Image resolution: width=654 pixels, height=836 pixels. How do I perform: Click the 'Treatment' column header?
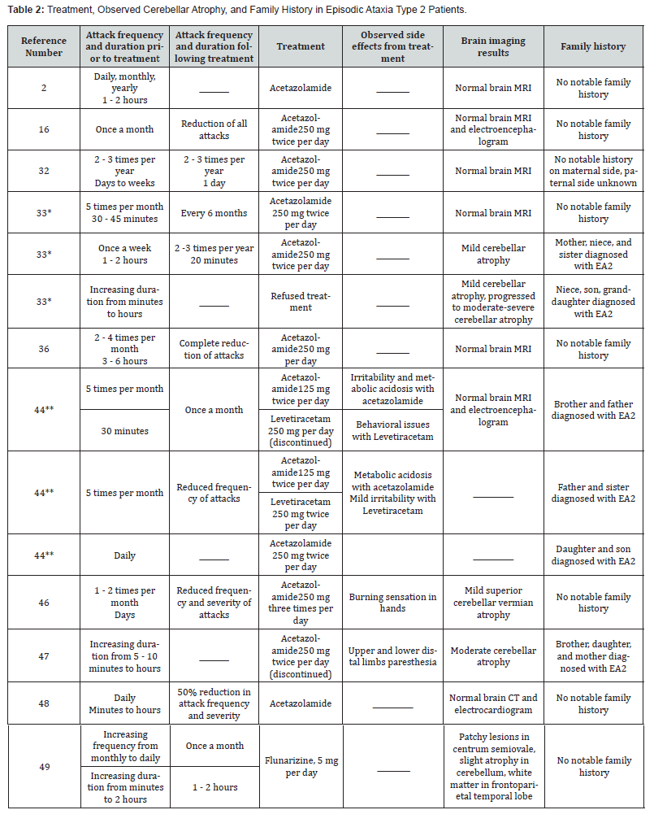coord(301,46)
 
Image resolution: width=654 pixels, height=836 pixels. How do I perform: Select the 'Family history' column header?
coord(593,46)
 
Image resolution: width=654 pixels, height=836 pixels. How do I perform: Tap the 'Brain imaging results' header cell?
coord(493,46)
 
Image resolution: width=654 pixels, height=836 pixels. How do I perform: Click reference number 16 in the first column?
coord(43,129)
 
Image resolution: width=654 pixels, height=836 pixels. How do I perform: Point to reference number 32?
coord(43,171)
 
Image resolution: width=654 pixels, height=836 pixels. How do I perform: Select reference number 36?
coord(43,349)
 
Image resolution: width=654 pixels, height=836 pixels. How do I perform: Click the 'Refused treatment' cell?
coord(301,302)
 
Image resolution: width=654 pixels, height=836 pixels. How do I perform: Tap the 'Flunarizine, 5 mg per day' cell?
coord(301,767)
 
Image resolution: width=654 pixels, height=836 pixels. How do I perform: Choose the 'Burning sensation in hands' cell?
coord(392,603)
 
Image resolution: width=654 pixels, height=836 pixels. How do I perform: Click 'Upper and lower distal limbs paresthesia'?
coord(392,656)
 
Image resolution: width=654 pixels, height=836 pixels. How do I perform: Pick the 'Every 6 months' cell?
coord(214,213)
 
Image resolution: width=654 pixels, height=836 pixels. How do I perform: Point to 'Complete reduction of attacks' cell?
coord(214,349)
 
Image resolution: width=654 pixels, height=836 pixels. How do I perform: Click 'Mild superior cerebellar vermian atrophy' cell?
coord(493,603)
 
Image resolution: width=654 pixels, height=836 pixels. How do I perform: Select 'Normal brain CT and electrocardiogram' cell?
coord(493,703)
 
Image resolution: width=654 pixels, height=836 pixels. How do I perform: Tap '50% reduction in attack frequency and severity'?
coord(214,703)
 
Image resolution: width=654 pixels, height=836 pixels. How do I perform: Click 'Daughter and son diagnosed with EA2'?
coord(593,555)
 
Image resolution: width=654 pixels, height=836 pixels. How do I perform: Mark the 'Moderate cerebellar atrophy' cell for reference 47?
coord(493,656)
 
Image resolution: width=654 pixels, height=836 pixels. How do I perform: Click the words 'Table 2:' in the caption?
coord(26,9)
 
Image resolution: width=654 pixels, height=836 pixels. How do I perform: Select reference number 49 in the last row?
coord(43,767)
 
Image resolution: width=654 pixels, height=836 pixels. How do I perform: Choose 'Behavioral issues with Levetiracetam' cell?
coord(392,430)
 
